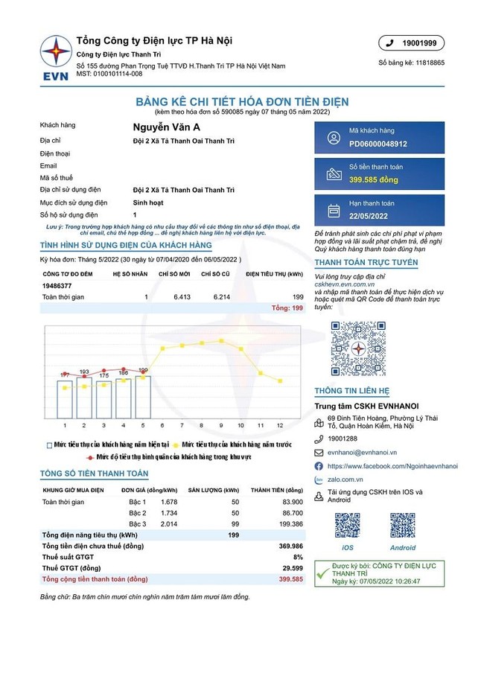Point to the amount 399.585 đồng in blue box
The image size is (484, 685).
coord(374,179)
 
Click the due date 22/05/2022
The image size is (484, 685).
coord(369,216)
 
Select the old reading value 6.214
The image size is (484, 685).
coord(222,297)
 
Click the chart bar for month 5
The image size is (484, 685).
coord(143,396)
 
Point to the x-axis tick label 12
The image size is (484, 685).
coord(280,425)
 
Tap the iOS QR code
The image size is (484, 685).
coord(347,526)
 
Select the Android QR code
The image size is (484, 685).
coord(403,526)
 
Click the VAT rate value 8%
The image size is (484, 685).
coord(298,557)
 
